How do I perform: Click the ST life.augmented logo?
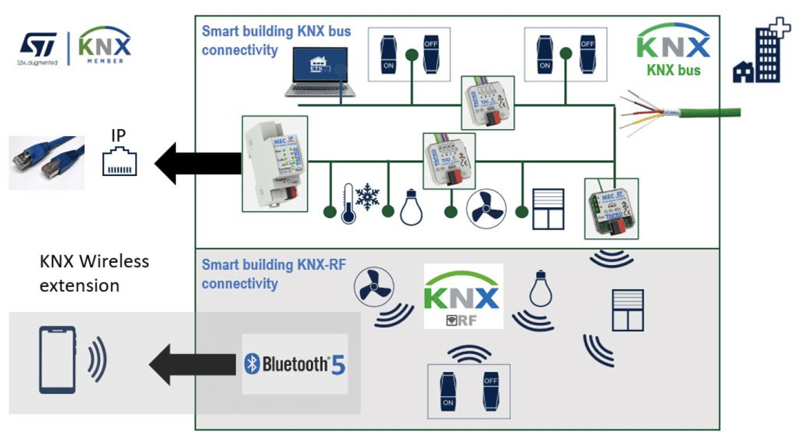point(37,48)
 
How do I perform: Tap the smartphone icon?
point(58,359)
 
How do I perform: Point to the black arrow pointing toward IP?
point(196,163)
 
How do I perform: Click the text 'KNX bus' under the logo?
point(673,70)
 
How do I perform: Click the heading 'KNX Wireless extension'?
point(94,273)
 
